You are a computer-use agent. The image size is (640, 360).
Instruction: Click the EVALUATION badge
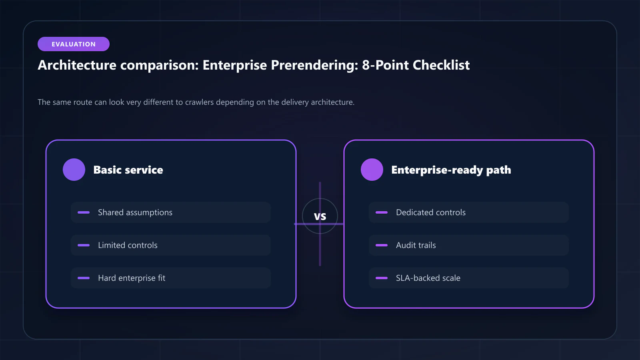click(74, 44)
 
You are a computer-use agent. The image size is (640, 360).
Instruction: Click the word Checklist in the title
click(441, 65)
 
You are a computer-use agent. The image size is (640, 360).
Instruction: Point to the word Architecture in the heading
click(77, 65)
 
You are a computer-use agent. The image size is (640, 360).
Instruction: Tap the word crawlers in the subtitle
click(200, 102)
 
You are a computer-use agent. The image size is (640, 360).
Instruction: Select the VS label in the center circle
click(320, 216)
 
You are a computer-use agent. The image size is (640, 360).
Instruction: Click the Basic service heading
click(128, 170)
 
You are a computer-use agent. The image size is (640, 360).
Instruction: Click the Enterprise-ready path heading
click(451, 170)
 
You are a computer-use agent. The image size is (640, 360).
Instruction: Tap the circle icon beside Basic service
click(74, 170)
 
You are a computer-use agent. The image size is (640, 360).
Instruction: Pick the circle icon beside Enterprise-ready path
click(372, 170)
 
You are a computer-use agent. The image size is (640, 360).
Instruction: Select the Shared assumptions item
click(171, 212)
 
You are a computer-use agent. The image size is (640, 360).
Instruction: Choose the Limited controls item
click(171, 245)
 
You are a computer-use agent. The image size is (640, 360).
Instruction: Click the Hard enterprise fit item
click(171, 278)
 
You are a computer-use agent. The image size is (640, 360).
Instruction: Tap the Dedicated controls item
click(468, 212)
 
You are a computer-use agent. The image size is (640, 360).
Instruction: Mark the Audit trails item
click(468, 245)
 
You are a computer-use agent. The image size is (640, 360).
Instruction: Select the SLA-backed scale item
click(468, 278)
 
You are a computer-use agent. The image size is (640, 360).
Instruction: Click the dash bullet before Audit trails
click(382, 245)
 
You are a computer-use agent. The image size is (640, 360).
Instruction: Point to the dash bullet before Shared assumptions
click(84, 212)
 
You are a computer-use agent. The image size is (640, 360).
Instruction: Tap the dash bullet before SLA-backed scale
click(382, 278)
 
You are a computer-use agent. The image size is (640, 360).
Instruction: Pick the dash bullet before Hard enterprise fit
click(84, 278)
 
